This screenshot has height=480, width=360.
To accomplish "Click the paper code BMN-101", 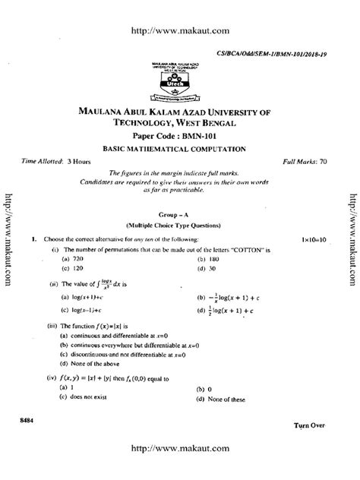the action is pos(185,135).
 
